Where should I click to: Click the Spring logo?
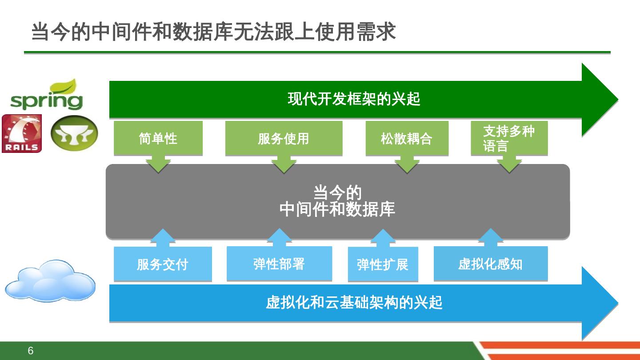tap(47, 96)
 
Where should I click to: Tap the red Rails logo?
tap(22, 133)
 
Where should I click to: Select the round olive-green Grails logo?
tap(74, 133)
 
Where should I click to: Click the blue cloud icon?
tap(50, 281)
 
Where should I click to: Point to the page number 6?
tap(30, 351)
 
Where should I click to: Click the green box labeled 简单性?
tap(158, 138)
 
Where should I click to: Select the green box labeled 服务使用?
tap(284, 138)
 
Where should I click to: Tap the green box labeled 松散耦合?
tap(407, 138)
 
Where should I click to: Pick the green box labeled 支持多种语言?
tap(509, 138)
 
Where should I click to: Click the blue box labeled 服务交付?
tap(163, 264)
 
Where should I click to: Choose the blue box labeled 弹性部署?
tap(279, 264)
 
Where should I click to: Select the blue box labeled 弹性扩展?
tap(383, 264)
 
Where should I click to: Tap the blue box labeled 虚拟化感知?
tap(490, 264)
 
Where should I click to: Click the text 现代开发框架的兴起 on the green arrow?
tap(354, 99)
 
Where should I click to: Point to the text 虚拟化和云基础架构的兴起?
tap(354, 303)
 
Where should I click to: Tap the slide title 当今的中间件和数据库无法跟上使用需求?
tap(213, 32)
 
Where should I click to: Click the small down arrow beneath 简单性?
tap(158, 165)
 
